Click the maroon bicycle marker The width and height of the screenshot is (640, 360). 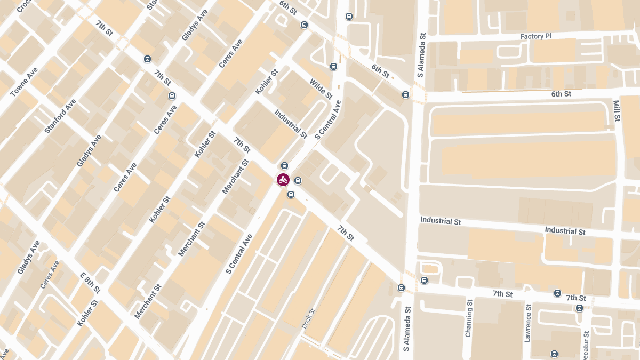(283, 180)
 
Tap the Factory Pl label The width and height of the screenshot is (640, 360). (535, 36)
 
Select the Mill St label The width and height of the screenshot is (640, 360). (617, 111)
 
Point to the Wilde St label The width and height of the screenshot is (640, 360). (321, 89)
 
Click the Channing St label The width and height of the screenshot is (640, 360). (469, 318)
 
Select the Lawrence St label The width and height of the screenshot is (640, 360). (529, 323)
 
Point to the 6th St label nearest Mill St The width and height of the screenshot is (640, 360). (561, 94)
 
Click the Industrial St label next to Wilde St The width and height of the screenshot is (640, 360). (291, 124)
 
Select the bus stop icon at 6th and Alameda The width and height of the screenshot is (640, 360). (405, 95)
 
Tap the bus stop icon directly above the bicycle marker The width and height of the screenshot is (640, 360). (284, 166)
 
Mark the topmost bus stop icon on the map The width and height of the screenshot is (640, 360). (349, 17)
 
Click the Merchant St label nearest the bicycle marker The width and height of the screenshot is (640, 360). (235, 177)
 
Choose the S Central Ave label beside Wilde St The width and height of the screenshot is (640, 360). (327, 121)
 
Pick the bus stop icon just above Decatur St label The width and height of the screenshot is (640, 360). (579, 308)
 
